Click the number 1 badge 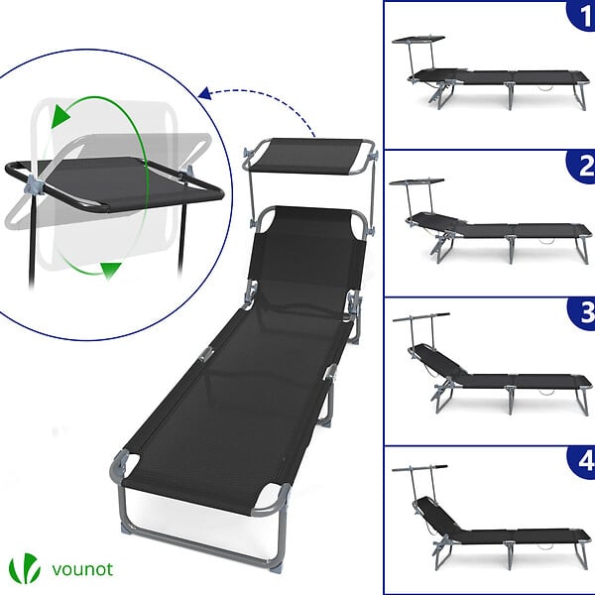click(582, 15)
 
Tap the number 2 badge click(582, 167)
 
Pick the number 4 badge click(583, 462)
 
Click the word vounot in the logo click(82, 569)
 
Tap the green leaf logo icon click(24, 568)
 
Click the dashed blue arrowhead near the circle click(205, 93)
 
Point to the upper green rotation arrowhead click(59, 116)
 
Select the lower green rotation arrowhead click(110, 270)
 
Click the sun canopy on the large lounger click(309, 156)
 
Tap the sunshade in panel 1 click(418, 39)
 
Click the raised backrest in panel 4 click(436, 514)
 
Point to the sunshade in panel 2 click(416, 181)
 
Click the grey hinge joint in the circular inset click(34, 186)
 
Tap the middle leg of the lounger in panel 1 click(511, 95)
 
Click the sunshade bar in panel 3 click(420, 317)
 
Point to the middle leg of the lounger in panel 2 click(511, 250)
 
